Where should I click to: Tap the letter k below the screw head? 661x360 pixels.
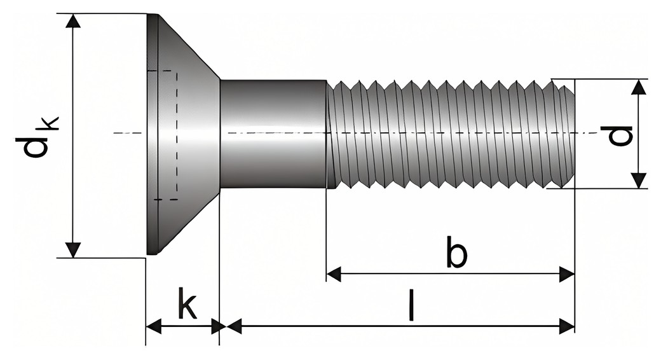click(187, 303)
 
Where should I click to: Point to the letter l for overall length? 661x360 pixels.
click(411, 304)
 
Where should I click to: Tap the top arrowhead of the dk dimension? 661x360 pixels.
click(73, 21)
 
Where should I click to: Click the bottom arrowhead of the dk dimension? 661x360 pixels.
click(73, 250)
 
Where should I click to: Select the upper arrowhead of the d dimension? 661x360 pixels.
click(639, 87)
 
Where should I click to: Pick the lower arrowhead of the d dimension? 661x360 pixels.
click(639, 181)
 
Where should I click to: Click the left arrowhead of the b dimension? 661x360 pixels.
click(334, 274)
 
